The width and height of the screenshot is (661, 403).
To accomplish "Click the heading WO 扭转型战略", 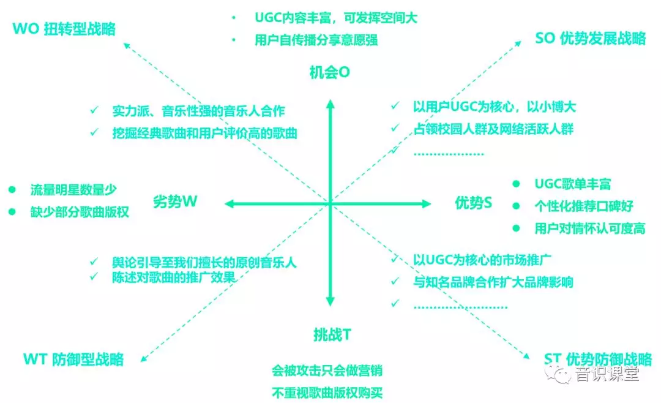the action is [64, 29].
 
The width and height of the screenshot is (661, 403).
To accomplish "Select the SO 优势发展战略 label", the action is [590, 39].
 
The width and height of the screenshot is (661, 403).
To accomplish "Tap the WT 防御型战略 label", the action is [73, 360].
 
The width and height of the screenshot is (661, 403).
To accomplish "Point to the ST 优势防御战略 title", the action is [598, 360].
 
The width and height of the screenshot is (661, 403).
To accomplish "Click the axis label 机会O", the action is [330, 73].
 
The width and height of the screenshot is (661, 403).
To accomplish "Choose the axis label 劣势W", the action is [175, 201].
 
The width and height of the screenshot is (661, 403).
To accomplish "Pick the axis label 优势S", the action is [473, 203].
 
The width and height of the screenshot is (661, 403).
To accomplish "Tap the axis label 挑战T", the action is [332, 334].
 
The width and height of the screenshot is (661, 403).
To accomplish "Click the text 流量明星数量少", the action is [73, 190].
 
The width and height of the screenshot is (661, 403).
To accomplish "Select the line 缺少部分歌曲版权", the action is [80, 212].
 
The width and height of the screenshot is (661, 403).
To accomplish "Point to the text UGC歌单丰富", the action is [573, 184].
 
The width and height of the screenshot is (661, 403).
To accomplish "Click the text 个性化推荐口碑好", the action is [584, 206].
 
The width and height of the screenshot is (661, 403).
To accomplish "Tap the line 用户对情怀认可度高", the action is [590, 228].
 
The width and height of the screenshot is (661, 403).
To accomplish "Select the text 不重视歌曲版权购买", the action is [327, 393].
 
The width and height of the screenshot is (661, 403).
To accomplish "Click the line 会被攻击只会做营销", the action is [327, 371].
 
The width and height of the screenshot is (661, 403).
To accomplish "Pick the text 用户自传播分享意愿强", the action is [316, 40].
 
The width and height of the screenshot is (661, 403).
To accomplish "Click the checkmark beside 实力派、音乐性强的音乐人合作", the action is [94, 110].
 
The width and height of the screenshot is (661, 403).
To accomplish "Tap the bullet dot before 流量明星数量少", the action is [12, 190].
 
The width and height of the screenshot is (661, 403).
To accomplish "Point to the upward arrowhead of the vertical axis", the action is [330, 104].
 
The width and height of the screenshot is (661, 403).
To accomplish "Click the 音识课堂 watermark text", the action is [607, 374].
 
